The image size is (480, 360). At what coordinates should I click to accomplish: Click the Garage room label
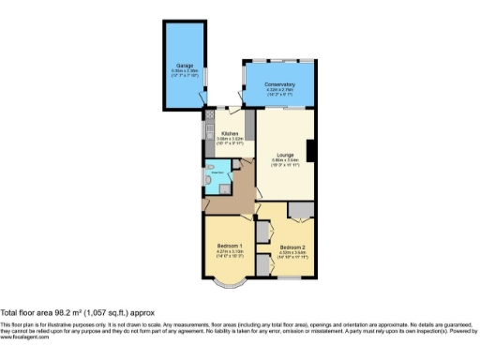[186, 65]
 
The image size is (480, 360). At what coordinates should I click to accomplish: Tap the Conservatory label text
[278, 84]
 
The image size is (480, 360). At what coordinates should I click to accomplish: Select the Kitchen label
[230, 133]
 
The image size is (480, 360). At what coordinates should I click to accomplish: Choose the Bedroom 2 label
[292, 247]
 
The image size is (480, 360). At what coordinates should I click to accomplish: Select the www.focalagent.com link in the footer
[27, 337]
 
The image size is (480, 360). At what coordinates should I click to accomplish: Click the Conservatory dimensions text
[278, 92]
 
